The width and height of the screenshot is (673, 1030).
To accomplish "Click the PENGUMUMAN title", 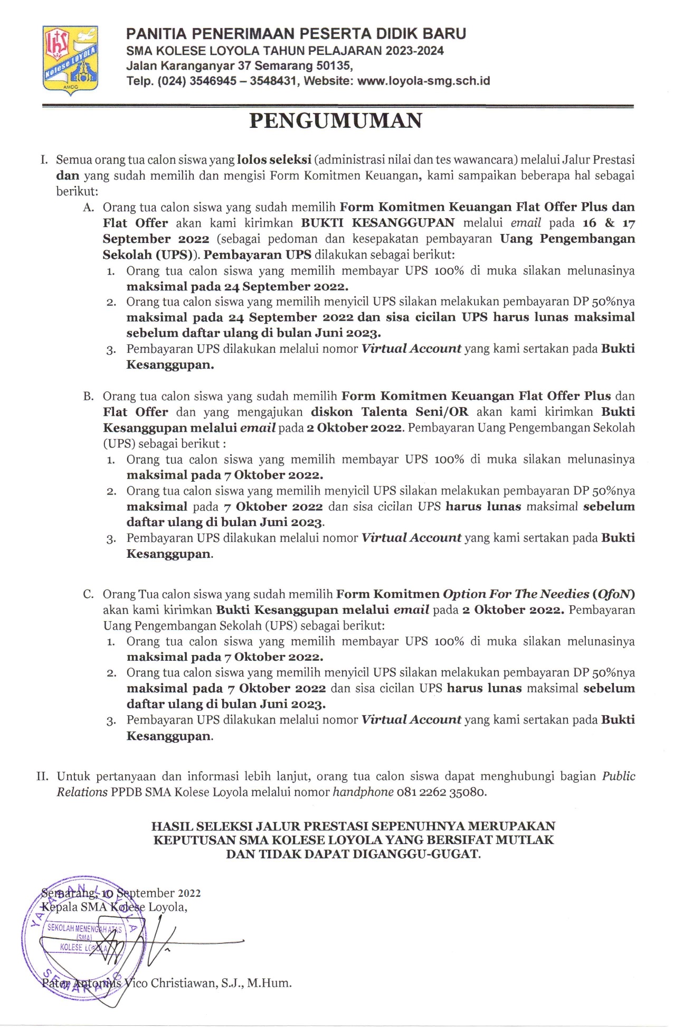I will [x=336, y=121].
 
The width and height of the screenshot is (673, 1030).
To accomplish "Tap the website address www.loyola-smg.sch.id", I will [x=423, y=81].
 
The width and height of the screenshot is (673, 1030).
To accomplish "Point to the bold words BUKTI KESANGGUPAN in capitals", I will [x=377, y=223].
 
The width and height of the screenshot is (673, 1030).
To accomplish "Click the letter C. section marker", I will [x=89, y=594].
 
